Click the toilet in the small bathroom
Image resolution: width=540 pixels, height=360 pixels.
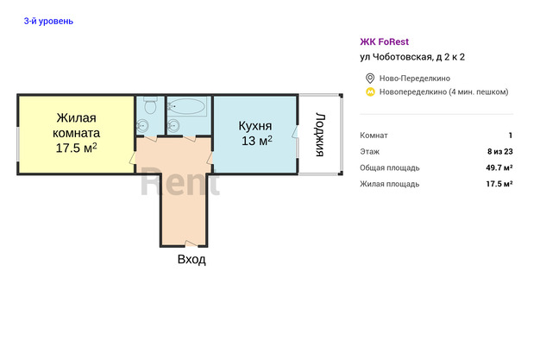(x=150, y=105)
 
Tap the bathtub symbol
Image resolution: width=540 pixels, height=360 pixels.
(x=187, y=106)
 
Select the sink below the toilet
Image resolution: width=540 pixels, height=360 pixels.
(x=142, y=126)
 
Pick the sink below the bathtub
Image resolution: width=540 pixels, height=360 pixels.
(x=173, y=126)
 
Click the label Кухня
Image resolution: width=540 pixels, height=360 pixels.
(x=255, y=126)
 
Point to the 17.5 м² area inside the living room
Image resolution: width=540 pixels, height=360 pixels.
(x=76, y=148)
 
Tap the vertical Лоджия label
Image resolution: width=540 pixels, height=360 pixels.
(x=320, y=135)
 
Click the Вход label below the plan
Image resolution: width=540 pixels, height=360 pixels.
(x=192, y=259)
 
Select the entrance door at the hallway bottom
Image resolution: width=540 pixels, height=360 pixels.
(x=192, y=243)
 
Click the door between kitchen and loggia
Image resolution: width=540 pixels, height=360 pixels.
(x=295, y=132)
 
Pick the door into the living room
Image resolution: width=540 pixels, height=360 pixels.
(x=133, y=158)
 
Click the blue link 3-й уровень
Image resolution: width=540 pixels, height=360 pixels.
(x=48, y=21)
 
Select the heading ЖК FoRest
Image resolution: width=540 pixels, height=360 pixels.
(x=385, y=41)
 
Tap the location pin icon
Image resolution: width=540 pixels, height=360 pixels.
(x=370, y=79)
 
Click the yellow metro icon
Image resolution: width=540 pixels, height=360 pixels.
(x=370, y=92)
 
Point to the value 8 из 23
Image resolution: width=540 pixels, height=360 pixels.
(x=500, y=151)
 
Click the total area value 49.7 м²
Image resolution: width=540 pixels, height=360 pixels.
(x=499, y=167)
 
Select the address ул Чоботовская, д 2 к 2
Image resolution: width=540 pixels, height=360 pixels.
(x=412, y=57)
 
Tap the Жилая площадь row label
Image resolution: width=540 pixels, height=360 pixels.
(x=390, y=184)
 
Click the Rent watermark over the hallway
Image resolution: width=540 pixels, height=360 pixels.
(x=179, y=181)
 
